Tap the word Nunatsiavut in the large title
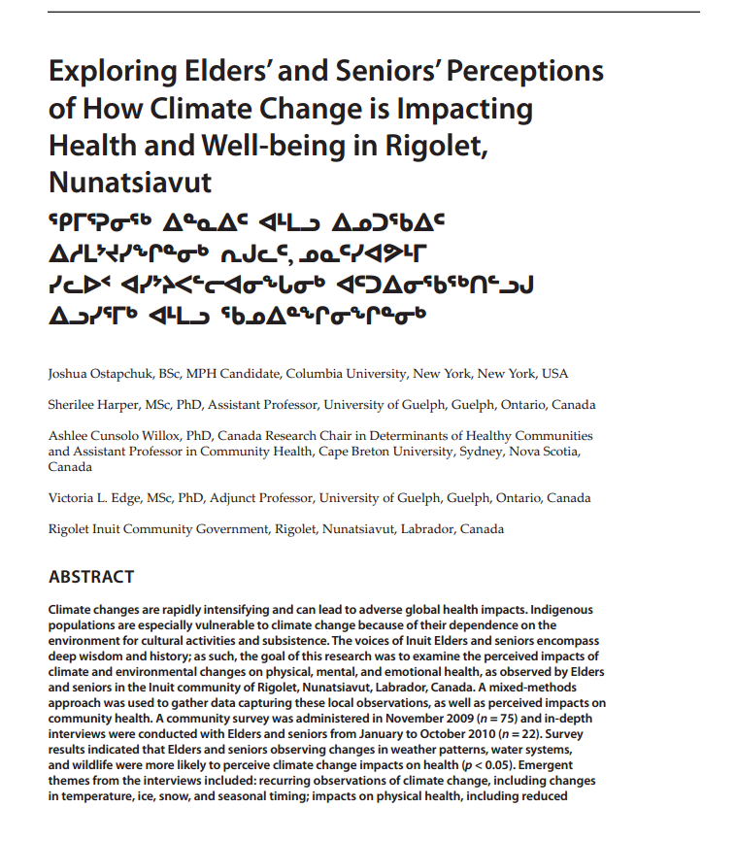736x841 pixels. coord(129,182)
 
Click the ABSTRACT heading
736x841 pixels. coord(91,577)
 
